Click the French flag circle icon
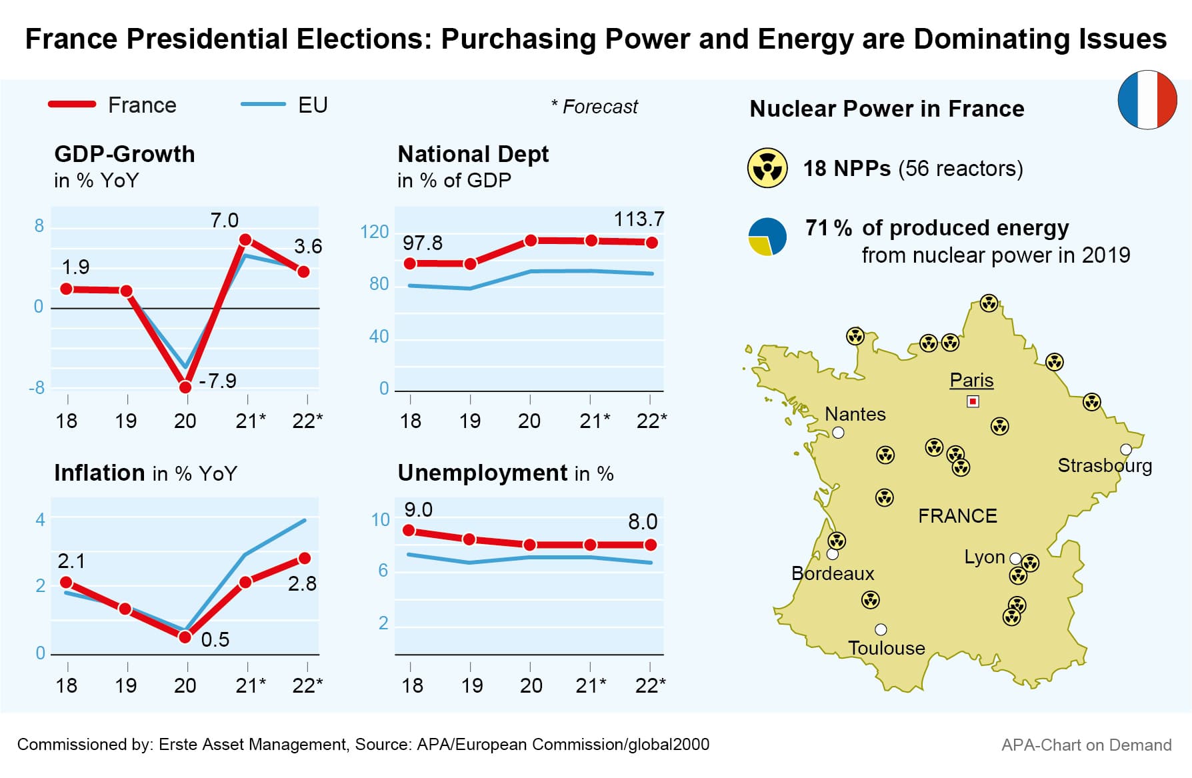(1147, 100)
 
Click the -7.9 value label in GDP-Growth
(218, 381)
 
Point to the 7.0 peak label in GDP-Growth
(224, 221)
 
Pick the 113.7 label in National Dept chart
(639, 219)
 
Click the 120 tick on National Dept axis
(374, 232)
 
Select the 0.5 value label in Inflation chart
(215, 640)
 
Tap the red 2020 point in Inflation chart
(185, 637)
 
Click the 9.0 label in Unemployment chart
(418, 510)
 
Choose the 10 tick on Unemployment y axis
(380, 520)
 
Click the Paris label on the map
(971, 380)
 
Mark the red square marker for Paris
(973, 401)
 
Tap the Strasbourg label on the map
(1105, 465)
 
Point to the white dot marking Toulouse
(881, 629)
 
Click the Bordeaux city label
(833, 573)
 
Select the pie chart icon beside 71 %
(767, 237)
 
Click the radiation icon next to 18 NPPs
(767, 168)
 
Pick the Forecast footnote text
(595, 107)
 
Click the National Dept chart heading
(473, 155)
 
